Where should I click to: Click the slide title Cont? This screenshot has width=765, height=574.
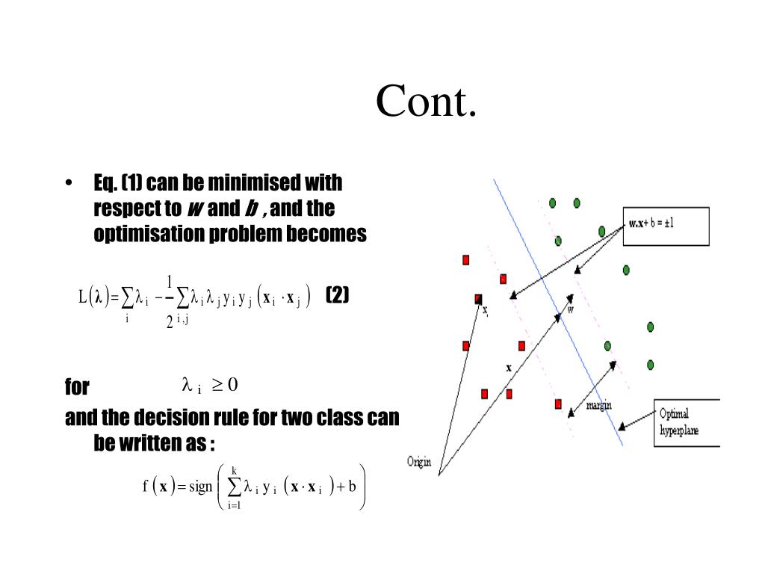point(426,102)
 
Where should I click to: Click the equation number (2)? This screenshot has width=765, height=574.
point(338,295)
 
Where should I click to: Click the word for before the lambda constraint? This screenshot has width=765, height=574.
point(77,387)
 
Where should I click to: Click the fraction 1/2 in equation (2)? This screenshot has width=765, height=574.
point(170,301)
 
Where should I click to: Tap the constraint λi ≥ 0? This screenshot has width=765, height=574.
point(209,386)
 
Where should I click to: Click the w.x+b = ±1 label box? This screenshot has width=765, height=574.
point(666,224)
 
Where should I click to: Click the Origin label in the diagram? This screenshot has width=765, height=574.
point(419,461)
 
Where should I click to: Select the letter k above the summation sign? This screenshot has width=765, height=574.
point(235,469)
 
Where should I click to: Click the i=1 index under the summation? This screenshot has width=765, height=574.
point(235,505)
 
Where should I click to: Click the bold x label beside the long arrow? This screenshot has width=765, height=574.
point(508,368)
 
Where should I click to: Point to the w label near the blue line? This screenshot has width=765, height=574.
point(570,311)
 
